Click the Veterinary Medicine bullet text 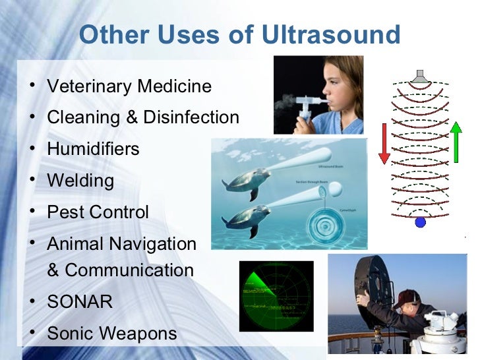click(129, 86)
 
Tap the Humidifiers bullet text click(93, 148)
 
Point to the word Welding click(80, 180)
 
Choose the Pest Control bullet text click(98, 212)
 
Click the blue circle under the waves click(420, 223)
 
